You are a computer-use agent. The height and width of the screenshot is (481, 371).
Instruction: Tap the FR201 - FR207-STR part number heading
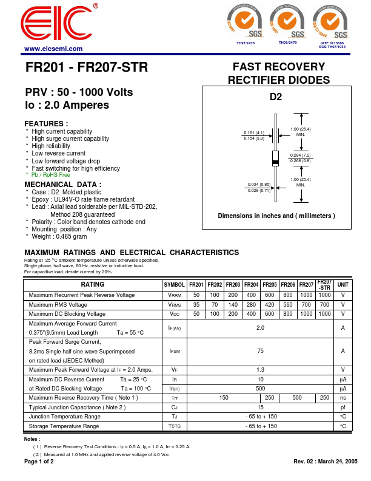pyautogui.click(x=86, y=67)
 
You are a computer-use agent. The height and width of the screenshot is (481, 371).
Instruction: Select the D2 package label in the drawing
pyautogui.click(x=276, y=96)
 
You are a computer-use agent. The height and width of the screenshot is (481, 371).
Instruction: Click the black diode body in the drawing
pyautogui.click(x=276, y=159)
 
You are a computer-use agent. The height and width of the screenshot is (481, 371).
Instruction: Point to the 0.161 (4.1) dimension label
pyautogui.click(x=254, y=132)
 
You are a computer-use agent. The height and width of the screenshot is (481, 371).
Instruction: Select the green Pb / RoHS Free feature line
pyautogui.click(x=51, y=175)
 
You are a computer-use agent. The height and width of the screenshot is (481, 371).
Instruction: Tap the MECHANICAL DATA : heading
pyautogui.click(x=63, y=184)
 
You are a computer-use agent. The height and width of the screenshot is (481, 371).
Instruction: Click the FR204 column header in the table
pyautogui.click(x=252, y=285)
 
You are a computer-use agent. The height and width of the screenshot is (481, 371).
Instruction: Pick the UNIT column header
pyautogui.click(x=343, y=285)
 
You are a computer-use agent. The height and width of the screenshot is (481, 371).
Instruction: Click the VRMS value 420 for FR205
pyautogui.click(x=270, y=305)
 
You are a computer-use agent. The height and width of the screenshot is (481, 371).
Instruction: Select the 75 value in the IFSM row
pyautogui.click(x=261, y=351)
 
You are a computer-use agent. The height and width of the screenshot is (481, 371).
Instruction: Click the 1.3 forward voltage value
pyautogui.click(x=261, y=370)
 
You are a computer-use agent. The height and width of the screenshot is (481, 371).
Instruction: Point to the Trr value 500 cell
pyautogui.click(x=297, y=398)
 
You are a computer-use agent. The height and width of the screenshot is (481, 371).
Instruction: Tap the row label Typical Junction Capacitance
pyautogui.click(x=77, y=408)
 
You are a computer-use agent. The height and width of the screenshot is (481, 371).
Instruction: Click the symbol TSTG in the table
pyautogui.click(x=175, y=427)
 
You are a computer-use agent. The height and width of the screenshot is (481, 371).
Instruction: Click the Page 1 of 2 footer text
pyautogui.click(x=39, y=462)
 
